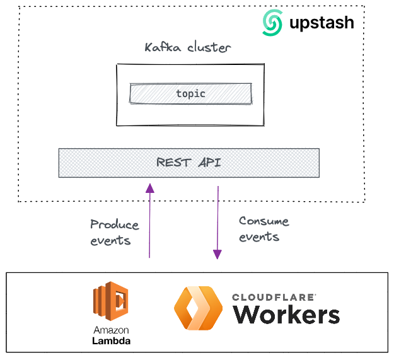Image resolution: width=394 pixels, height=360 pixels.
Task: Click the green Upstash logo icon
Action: point(274,23)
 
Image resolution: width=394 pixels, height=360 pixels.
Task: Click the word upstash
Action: point(322,24)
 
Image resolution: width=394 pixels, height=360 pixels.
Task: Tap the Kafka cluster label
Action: point(188,47)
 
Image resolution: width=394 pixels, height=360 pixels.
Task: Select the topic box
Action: point(190,93)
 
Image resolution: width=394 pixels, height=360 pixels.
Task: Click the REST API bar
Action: point(188,163)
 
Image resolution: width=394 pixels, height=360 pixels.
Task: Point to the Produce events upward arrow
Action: point(149,221)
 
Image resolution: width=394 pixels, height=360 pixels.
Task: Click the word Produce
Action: point(114,224)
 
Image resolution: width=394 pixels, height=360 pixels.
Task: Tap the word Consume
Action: point(264,221)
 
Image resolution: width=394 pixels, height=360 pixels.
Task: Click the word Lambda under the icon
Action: point(111,340)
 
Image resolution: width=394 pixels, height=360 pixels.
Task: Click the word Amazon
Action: point(111,330)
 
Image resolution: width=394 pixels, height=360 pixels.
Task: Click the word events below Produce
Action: point(110,240)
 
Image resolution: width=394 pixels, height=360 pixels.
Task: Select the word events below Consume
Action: point(259,237)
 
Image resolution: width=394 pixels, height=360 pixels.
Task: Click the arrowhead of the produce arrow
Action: point(149,187)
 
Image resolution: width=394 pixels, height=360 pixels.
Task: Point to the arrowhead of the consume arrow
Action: point(217,254)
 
